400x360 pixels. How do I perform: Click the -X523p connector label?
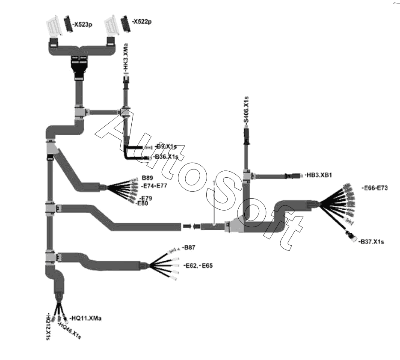point(83,25)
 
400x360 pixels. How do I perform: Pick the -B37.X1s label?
point(371,242)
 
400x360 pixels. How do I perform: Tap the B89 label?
point(148,177)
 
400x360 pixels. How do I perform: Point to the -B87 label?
point(188,247)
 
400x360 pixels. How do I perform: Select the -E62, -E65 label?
point(198,266)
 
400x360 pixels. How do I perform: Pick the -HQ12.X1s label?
point(49,327)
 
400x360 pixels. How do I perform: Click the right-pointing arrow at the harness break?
point(187,226)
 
